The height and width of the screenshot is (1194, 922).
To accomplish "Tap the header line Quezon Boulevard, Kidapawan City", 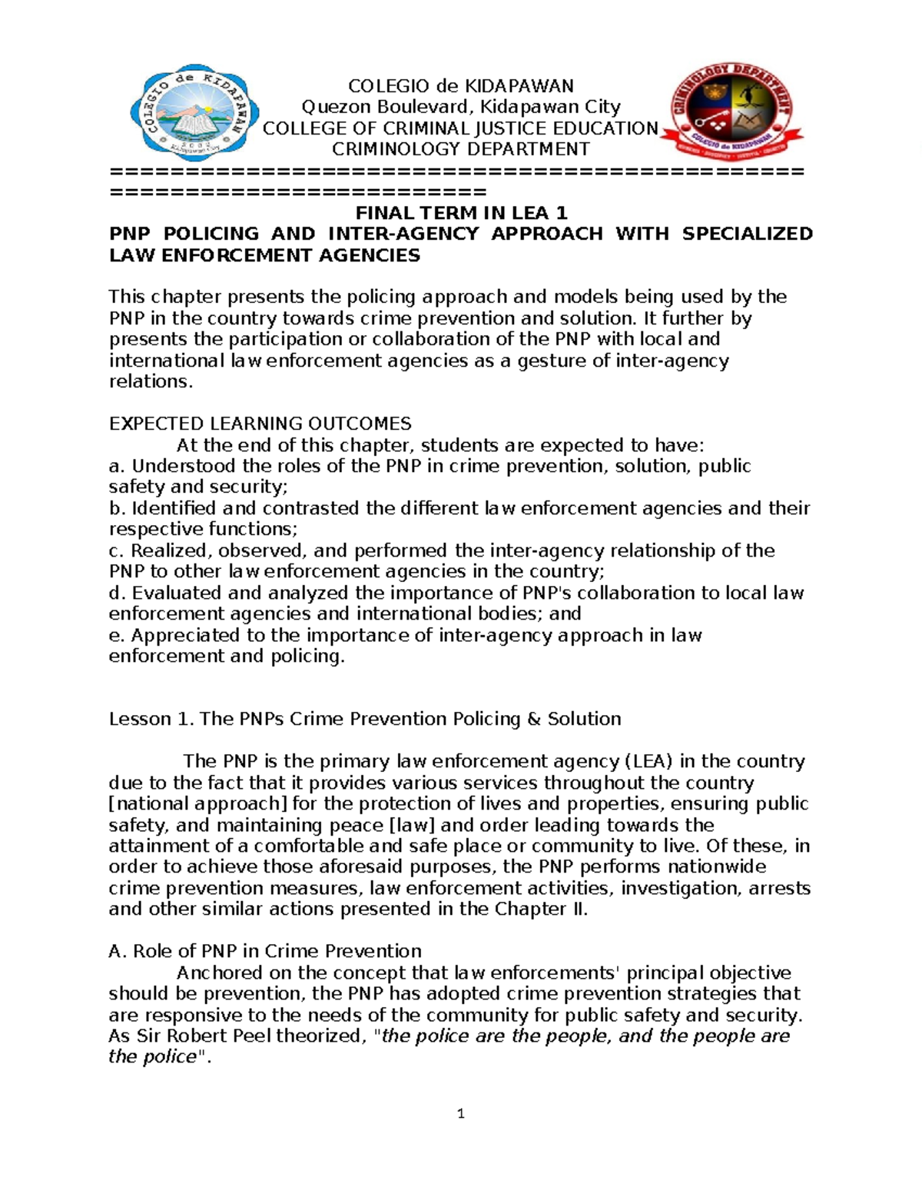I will (461, 107).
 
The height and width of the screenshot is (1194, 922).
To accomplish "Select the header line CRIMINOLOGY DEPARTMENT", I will (460, 149).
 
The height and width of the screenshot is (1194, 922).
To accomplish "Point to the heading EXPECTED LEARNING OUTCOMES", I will (260, 424).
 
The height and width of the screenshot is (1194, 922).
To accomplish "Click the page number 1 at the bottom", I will (460, 1114).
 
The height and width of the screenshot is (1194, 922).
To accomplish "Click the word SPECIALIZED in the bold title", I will (747, 234).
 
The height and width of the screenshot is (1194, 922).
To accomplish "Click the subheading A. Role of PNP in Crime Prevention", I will (265, 951).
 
